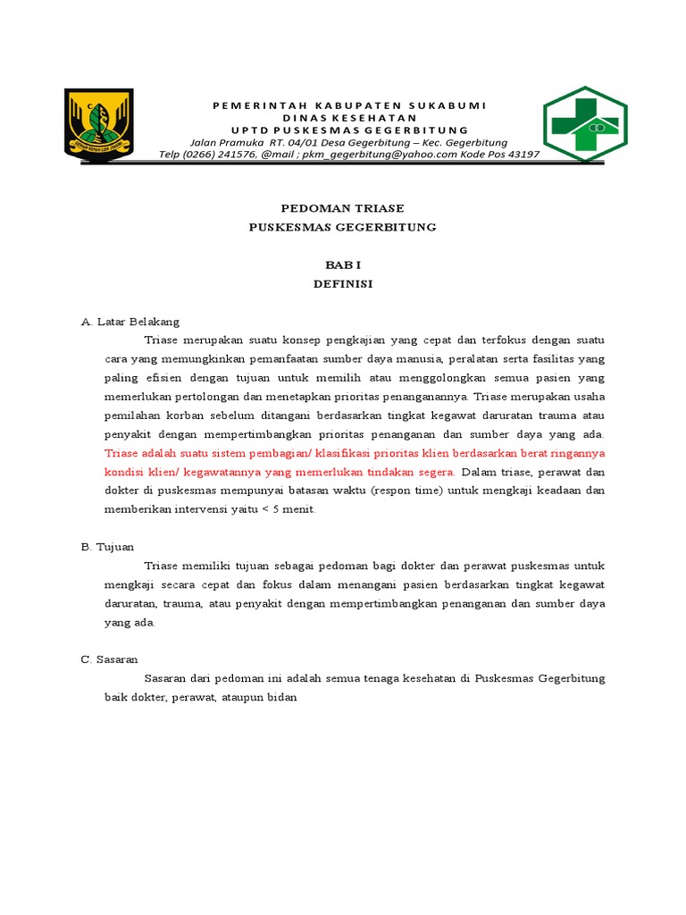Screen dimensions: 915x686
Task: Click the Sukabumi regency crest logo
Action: (99, 122)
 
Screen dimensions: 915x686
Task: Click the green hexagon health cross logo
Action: (585, 124)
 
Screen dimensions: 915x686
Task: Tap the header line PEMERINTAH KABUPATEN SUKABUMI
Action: (349, 105)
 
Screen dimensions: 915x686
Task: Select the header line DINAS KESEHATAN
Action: (349, 118)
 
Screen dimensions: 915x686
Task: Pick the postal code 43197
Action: (519, 154)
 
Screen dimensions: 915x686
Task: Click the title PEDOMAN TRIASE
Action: (342, 208)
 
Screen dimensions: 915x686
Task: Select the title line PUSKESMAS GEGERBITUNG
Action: (342, 227)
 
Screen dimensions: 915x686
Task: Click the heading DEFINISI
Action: (342, 285)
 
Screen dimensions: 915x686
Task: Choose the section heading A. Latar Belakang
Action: (130, 322)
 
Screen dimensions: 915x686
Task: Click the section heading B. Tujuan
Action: (107, 546)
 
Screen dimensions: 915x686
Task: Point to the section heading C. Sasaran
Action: (109, 659)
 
